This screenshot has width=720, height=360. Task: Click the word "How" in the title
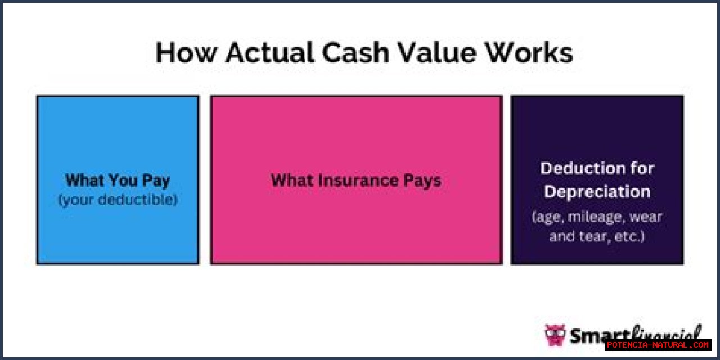click(x=186, y=52)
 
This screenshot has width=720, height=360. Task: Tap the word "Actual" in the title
click(x=270, y=52)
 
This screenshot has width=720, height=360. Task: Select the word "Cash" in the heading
click(x=356, y=52)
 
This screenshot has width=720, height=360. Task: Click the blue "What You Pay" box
click(x=118, y=180)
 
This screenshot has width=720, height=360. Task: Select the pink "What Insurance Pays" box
click(x=356, y=180)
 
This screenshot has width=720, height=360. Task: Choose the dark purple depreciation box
click(x=597, y=180)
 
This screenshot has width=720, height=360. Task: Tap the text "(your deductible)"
click(x=118, y=200)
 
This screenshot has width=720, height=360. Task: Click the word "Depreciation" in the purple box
click(x=597, y=192)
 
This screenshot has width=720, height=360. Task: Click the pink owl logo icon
click(x=555, y=335)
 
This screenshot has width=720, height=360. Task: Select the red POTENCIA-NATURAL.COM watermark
click(x=658, y=345)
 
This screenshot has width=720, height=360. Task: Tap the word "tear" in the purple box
click(x=595, y=237)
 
